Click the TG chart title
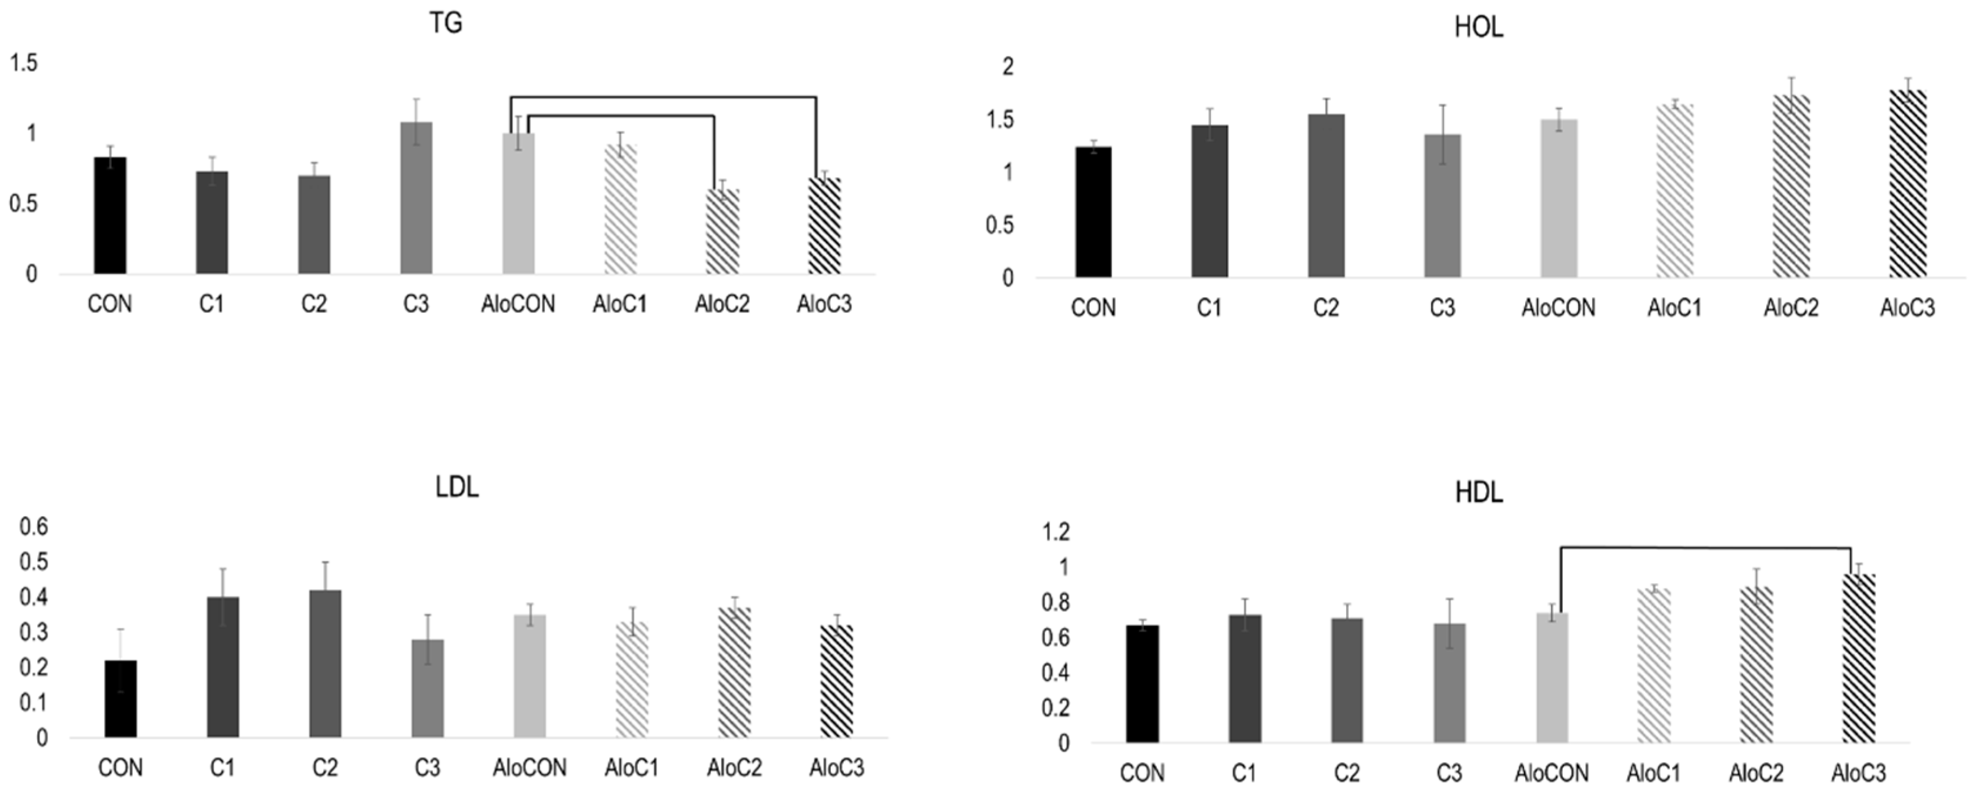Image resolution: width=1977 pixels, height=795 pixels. (445, 23)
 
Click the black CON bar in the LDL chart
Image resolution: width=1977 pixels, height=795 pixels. (121, 698)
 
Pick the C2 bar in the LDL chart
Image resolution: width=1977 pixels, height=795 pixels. (325, 664)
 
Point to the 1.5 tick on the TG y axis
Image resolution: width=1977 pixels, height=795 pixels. (23, 63)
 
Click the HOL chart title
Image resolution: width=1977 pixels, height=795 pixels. (1478, 28)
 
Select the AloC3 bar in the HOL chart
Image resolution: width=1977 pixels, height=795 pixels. (1907, 184)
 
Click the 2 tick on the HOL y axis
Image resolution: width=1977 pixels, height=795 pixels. (1008, 66)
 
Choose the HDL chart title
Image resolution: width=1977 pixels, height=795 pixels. (1478, 492)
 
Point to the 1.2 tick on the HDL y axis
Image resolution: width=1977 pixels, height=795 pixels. (1053, 531)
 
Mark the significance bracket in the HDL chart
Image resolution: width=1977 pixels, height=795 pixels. (1704, 548)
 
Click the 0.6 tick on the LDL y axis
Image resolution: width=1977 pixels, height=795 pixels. (34, 527)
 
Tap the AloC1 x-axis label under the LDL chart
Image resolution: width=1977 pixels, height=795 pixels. (631, 767)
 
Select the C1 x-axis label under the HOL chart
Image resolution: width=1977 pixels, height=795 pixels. (1209, 308)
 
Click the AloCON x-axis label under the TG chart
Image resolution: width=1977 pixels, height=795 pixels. (518, 304)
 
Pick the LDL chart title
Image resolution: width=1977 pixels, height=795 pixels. (457, 487)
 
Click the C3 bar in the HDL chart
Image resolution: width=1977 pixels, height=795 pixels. (1449, 683)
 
